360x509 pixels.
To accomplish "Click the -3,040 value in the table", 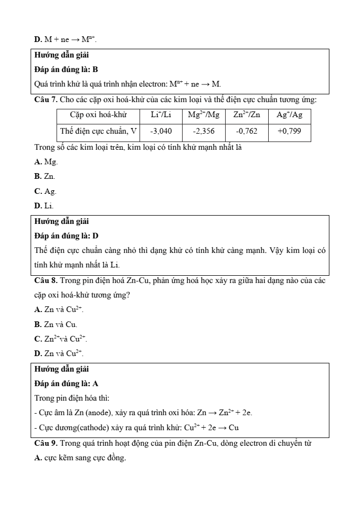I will click(x=161, y=132).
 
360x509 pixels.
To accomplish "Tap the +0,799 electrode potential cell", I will click(x=289, y=132).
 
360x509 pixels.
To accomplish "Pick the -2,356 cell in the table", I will click(x=203, y=132).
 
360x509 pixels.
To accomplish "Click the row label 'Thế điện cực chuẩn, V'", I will click(x=98, y=132).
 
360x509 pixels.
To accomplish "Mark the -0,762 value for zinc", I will click(x=246, y=132).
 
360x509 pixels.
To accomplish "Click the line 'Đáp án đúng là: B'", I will click(x=66, y=69).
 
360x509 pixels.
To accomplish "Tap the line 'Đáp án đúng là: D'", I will click(x=66, y=236).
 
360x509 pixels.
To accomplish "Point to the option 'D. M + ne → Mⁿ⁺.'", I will click(x=65, y=39).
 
